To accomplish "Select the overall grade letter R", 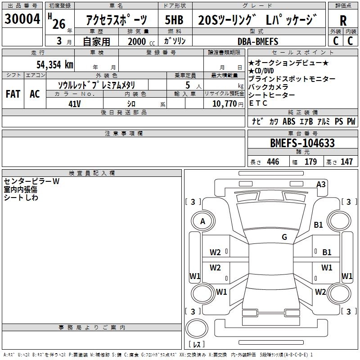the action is click(343, 20).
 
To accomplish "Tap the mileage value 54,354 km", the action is click(54, 64).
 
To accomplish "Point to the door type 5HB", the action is click(174, 20).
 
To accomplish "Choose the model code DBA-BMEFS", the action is click(258, 42).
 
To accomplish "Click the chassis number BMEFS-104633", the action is click(302, 143).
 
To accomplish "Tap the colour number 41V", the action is click(75, 103).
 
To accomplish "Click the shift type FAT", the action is click(13, 94).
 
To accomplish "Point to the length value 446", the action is click(273, 162).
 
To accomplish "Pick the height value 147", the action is click(346, 162).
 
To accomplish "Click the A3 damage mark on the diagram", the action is click(321, 184).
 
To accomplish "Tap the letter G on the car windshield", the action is click(284, 237).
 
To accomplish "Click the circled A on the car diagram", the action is click(202, 221).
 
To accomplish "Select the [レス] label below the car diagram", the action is click(197, 344).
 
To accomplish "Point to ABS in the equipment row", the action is click(289, 121).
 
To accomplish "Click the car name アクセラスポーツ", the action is click(116, 20).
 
